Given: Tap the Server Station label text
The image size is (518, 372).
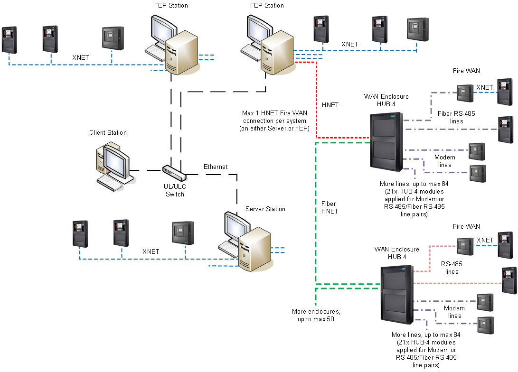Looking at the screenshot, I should [265, 209].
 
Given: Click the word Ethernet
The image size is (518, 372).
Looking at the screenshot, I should [216, 167].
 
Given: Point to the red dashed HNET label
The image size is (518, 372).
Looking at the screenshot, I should [330, 105].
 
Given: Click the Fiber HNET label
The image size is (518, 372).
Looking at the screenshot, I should [330, 207].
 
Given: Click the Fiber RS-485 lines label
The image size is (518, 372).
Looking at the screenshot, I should [455, 117].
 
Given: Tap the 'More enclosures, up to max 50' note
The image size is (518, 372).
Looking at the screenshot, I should [316, 316].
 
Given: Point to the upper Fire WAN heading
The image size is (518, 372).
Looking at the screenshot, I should [466, 71].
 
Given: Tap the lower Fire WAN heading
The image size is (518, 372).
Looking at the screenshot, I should [466, 226].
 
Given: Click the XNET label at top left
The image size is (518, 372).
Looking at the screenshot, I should [80, 57].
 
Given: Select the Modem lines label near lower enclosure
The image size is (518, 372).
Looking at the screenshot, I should [454, 312].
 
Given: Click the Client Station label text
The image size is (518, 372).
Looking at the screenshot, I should [108, 132].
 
